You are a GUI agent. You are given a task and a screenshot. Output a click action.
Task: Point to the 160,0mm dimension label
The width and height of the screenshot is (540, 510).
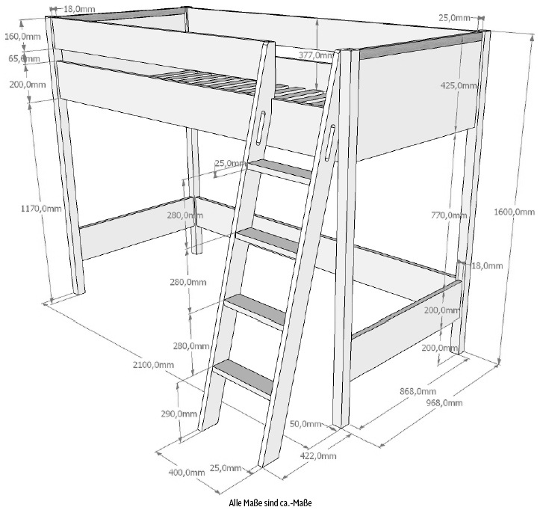pos(22,36)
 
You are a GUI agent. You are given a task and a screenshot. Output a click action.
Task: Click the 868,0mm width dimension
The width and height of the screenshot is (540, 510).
pos(418,391)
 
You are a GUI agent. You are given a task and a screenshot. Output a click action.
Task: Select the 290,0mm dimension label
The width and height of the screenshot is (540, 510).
pos(179,414)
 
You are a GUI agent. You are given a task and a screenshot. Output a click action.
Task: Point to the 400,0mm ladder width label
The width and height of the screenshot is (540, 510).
pos(186,473)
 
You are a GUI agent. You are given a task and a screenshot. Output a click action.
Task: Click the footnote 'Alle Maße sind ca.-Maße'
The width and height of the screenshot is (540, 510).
pos(270,503)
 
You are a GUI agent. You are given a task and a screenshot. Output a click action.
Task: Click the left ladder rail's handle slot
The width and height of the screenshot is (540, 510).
pos(261,128)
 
